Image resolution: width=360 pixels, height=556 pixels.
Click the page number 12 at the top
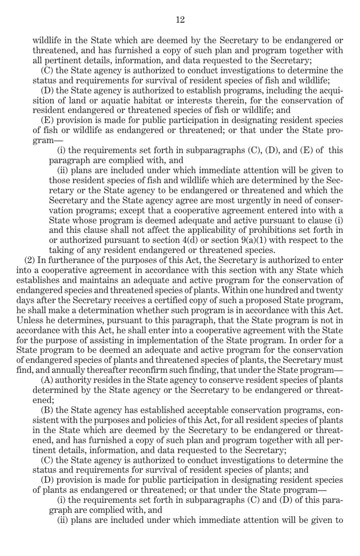[x=180, y=20]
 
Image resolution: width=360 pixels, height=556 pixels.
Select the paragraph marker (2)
[x=30, y=260]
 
